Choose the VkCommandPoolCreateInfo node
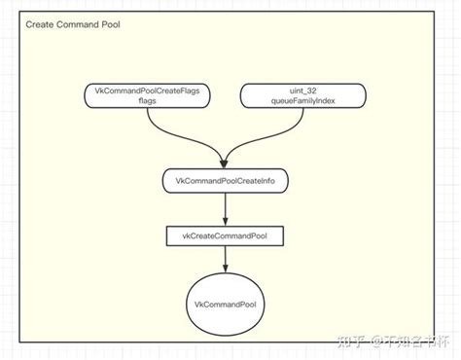point(226,181)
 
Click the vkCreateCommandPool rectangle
point(226,235)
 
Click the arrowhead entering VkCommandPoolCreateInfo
point(226,163)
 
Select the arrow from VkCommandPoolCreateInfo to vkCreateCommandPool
point(226,208)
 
